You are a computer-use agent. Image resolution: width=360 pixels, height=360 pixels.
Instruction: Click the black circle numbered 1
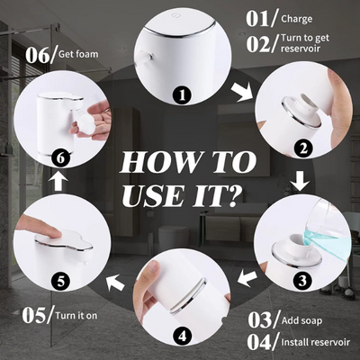182,95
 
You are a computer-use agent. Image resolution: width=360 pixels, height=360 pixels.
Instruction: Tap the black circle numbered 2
303,148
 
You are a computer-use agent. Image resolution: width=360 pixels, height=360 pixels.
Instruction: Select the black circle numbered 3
302,281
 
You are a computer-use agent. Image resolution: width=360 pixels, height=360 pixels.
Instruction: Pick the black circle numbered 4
183,337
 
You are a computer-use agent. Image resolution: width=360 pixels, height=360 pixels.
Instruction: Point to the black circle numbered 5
60,281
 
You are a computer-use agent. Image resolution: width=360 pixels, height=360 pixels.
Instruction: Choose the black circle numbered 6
60,157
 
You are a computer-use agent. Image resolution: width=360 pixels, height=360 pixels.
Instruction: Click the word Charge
297,20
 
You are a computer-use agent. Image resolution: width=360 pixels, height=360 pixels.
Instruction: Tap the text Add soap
301,320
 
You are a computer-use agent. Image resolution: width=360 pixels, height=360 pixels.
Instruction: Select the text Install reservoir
315,342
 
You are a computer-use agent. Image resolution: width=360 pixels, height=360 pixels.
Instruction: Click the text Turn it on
76,316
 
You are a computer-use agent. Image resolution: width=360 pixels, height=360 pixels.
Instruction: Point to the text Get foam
78,54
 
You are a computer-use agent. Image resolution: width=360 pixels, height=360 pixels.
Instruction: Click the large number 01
257,19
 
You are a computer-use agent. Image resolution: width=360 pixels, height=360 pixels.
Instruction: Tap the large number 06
38,55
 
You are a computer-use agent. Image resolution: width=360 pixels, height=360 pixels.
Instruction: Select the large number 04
259,342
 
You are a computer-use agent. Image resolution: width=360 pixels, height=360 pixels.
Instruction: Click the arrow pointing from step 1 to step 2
242,90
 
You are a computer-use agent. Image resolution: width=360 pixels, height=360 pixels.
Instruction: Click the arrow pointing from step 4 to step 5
115,283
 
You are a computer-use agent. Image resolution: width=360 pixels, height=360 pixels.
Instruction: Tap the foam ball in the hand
82,121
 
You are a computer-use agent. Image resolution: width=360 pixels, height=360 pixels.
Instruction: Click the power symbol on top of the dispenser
175,14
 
